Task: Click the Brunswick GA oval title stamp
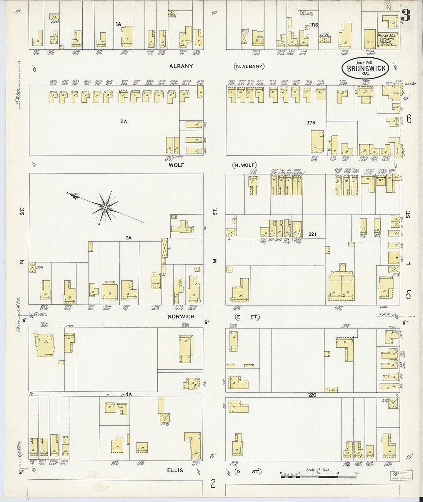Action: (366, 68)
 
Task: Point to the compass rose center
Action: (105, 208)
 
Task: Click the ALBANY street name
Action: (181, 66)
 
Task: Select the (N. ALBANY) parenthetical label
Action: (250, 66)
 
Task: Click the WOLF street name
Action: (177, 165)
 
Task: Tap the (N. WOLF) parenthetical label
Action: (245, 165)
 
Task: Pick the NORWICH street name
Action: (181, 317)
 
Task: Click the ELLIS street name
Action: (175, 470)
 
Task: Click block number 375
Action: (311, 123)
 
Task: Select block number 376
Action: (314, 25)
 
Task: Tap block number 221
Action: (312, 234)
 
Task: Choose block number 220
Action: (312, 395)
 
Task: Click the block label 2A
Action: (123, 122)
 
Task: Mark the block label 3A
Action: (128, 238)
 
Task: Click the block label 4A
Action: (128, 394)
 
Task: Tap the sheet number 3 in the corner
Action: (406, 16)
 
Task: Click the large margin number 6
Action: (409, 119)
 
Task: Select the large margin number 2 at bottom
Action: (213, 484)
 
